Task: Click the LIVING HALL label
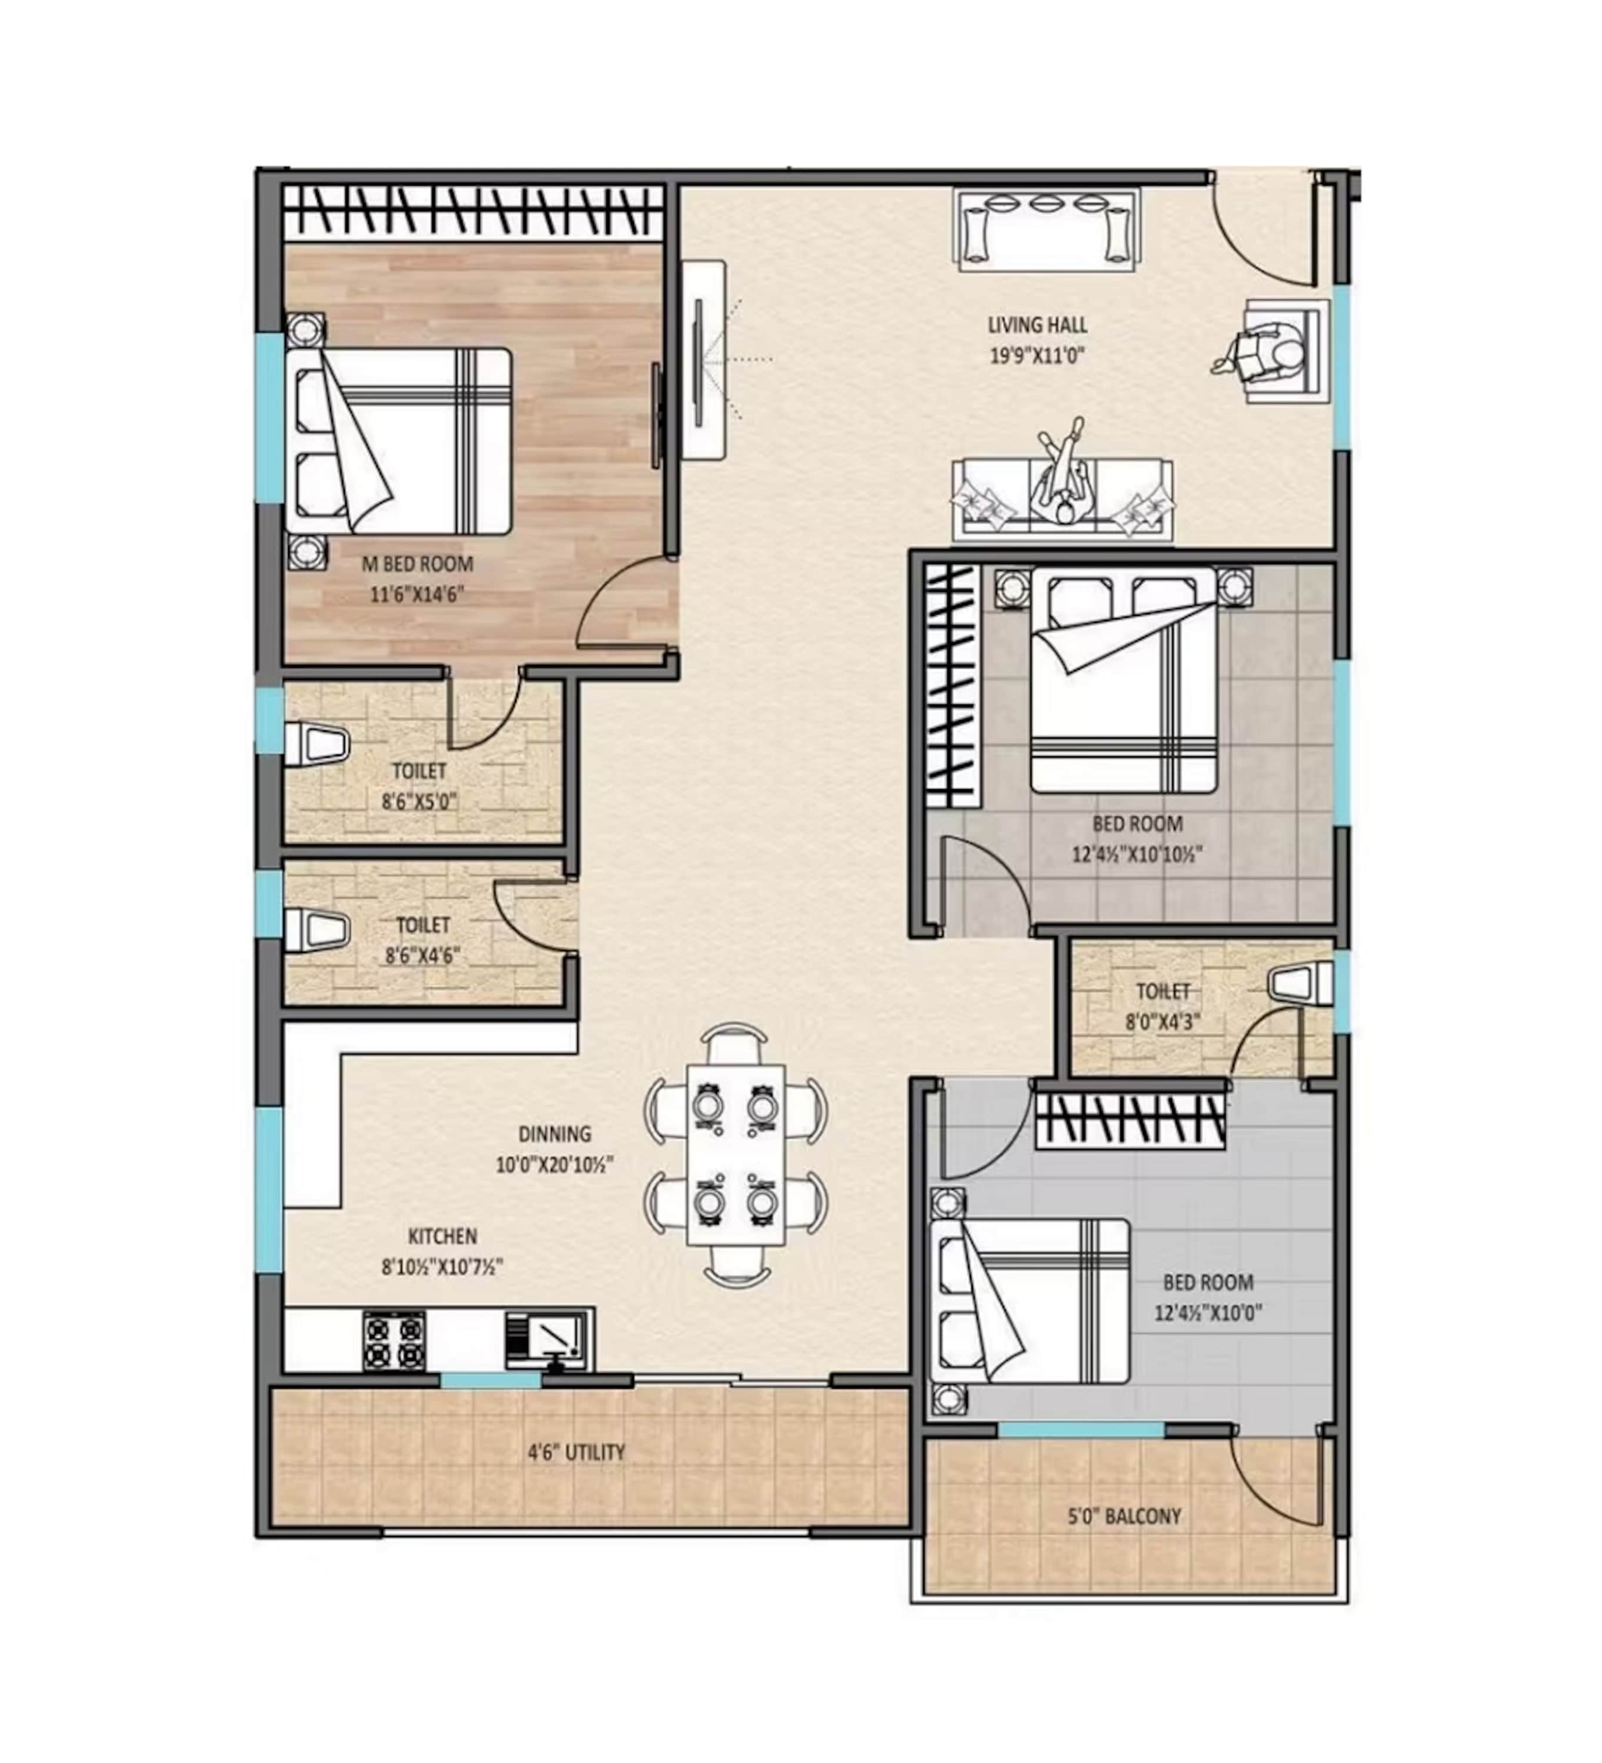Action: (1037, 326)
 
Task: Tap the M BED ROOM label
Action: (418, 564)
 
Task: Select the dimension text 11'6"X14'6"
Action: (416, 595)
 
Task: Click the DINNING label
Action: (555, 1134)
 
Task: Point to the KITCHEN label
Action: (443, 1236)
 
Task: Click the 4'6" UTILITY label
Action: (576, 1453)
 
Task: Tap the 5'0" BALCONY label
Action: (1124, 1516)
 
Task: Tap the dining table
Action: (736, 1154)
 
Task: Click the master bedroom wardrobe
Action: (472, 211)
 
